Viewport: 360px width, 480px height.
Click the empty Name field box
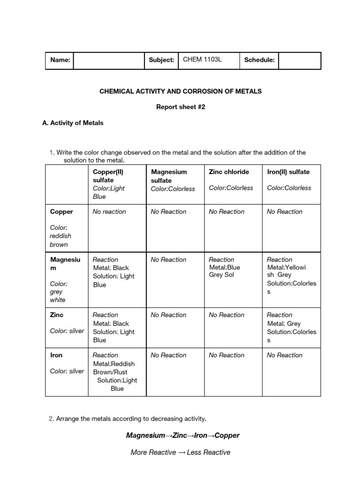[x=109, y=60]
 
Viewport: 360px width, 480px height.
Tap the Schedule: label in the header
[x=259, y=60]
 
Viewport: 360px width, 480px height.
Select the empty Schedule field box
[x=300, y=60]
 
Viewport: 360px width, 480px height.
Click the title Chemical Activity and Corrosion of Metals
[x=180, y=91]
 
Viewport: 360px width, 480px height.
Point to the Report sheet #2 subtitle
[x=180, y=107]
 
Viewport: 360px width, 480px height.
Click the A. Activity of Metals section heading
[x=73, y=123]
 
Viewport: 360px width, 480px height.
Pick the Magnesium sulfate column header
[x=168, y=176]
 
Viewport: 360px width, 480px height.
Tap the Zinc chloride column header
[x=229, y=172]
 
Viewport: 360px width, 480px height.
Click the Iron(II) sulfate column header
[x=288, y=172]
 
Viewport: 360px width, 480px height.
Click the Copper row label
[x=61, y=212]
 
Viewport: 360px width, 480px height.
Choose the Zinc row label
[x=57, y=315]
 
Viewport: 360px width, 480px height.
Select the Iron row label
[x=56, y=355]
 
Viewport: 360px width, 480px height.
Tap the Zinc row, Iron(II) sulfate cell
[x=291, y=328]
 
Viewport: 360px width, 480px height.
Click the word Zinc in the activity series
[x=180, y=435]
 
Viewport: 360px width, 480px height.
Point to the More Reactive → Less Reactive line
[x=180, y=452]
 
